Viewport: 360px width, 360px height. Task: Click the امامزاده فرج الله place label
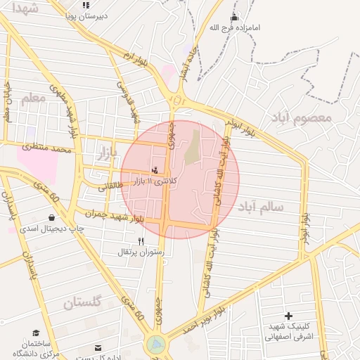tap(234, 28)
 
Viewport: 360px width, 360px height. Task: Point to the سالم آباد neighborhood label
tap(260, 207)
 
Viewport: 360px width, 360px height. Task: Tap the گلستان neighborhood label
tap(83, 303)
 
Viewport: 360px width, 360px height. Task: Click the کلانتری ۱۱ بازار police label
tap(155, 181)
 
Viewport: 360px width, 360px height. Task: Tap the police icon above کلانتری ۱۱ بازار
tap(155, 169)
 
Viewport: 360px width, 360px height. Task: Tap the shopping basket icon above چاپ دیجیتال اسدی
tap(51, 218)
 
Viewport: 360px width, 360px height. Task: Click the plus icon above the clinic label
tap(288, 316)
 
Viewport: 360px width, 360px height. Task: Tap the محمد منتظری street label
tap(47, 148)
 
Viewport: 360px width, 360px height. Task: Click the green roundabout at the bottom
tap(156, 345)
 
